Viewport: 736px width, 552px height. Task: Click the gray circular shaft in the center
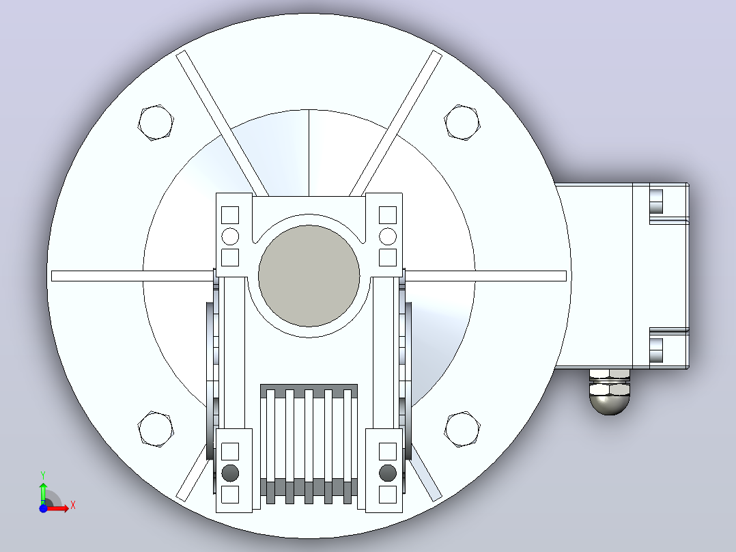309,276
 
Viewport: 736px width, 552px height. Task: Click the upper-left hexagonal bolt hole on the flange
156,122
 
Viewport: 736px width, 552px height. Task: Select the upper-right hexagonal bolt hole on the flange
462,122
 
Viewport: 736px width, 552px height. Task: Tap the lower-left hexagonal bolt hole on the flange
156,429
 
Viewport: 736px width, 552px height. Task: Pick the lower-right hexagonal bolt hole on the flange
462,429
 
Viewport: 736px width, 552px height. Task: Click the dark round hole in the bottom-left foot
230,473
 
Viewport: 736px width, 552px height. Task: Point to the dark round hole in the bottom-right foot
388,473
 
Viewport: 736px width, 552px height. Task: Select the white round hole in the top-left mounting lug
230,236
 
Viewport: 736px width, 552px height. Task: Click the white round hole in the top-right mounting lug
388,236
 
